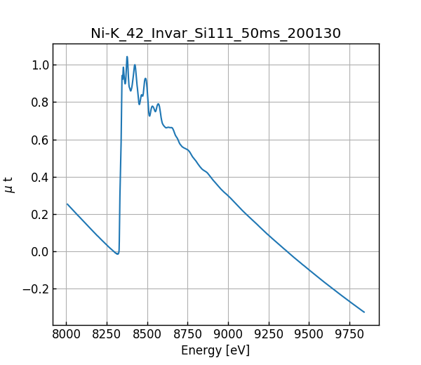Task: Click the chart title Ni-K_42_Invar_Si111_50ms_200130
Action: pos(215,33)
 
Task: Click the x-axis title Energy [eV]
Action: pos(215,350)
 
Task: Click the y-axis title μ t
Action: pos(9,185)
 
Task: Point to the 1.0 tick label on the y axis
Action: pos(39,65)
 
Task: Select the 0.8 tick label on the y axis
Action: pos(39,102)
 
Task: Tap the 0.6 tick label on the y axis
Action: pos(39,140)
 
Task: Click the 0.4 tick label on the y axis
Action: pos(39,177)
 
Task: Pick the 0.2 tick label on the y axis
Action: pos(39,214)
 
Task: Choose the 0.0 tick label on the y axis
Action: pos(39,252)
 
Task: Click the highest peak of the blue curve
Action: pos(127,57)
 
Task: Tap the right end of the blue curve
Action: pos(364,312)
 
